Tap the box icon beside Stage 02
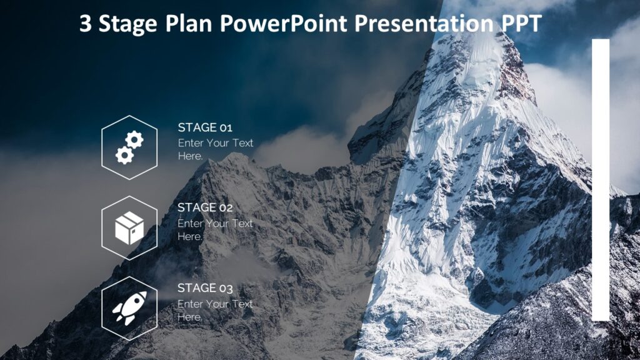point(129,228)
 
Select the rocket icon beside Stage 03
point(129,308)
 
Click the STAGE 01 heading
point(205,127)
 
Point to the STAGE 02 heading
point(205,207)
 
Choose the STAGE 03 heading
point(205,288)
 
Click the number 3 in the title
point(86,24)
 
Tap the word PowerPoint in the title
point(285,24)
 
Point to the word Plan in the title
point(191,24)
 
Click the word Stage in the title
point(129,24)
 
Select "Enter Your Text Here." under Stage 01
point(215,149)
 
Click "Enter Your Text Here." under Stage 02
point(215,229)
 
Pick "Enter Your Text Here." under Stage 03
point(215,310)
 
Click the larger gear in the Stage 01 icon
point(134,140)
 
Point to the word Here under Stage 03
point(189,317)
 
